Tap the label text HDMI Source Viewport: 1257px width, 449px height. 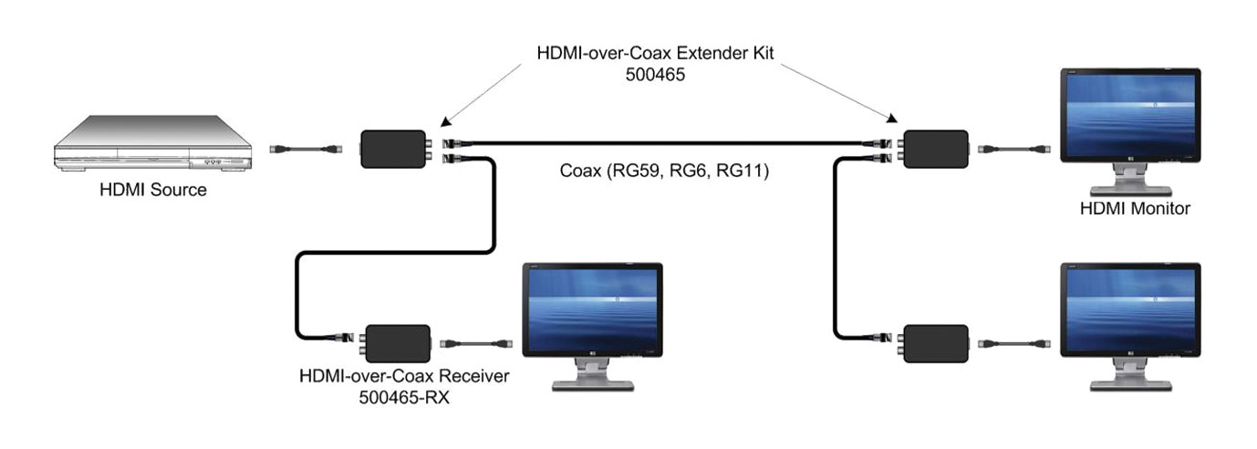click(153, 190)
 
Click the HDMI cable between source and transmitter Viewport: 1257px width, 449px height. click(306, 148)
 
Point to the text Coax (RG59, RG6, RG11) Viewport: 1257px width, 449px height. click(665, 171)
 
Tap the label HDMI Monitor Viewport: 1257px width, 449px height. click(1134, 209)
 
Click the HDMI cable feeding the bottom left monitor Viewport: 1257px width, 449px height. click(476, 344)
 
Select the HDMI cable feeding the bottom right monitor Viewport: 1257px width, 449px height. click(1014, 344)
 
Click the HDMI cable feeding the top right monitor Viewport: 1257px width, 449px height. click(1014, 148)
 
